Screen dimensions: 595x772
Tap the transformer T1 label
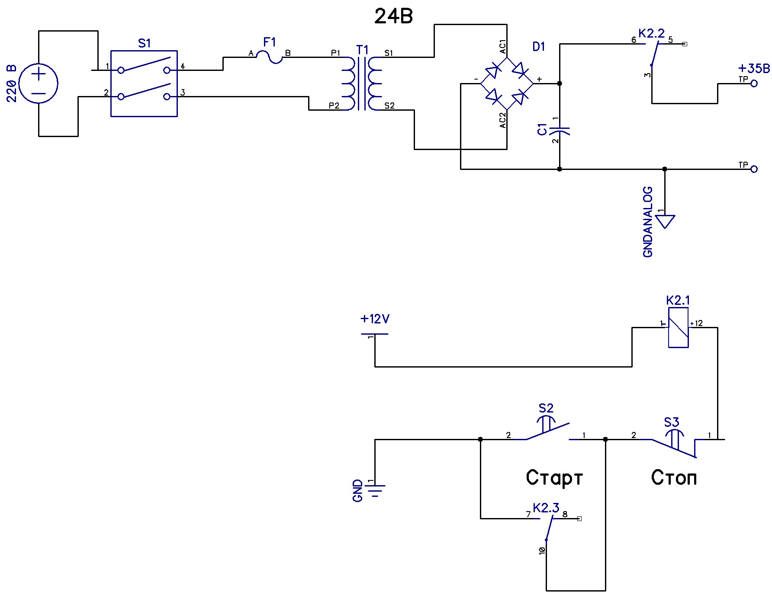[x=362, y=50]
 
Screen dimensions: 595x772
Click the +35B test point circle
[x=754, y=83]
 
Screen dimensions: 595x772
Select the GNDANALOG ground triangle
[x=665, y=221]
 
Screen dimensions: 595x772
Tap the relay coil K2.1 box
[x=678, y=327]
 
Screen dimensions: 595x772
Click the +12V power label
[x=375, y=320]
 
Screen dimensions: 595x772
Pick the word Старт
[x=554, y=478]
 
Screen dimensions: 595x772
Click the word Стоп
[x=674, y=478]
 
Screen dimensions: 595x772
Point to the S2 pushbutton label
[x=546, y=408]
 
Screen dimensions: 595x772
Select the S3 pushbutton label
[x=671, y=422]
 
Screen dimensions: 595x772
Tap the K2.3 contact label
[x=546, y=508]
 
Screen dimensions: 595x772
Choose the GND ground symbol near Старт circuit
[x=375, y=491]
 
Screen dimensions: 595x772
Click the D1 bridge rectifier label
[x=538, y=47]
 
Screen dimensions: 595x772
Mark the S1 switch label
[x=144, y=43]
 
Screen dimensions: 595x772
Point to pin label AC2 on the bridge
[x=502, y=120]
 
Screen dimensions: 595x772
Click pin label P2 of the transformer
[x=334, y=106]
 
